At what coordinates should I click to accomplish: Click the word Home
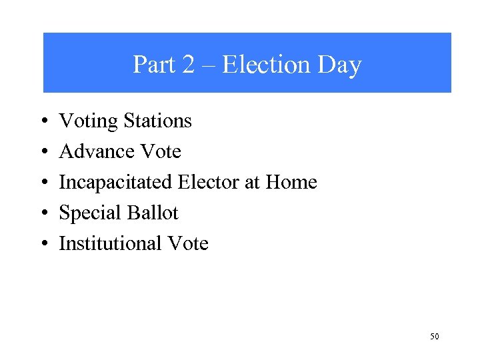pyautogui.click(x=291, y=182)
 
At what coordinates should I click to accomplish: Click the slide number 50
pyautogui.click(x=434, y=337)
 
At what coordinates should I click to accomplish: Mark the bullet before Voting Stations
pyautogui.click(x=43, y=122)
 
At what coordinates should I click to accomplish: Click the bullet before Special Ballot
pyautogui.click(x=43, y=214)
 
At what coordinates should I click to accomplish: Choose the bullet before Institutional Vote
pyautogui.click(x=43, y=245)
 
